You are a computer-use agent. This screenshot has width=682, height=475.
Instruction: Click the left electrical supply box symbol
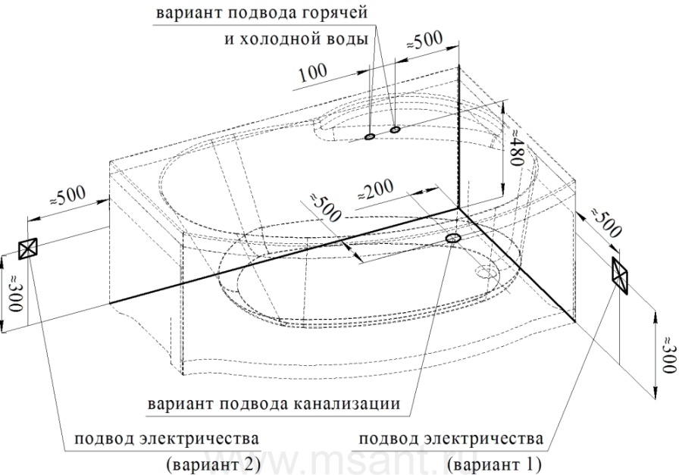tap(28, 248)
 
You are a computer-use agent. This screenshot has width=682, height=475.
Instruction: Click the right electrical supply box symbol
tap(619, 275)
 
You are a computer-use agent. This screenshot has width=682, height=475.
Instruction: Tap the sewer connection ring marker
tap(453, 238)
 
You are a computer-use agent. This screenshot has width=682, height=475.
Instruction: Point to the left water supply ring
tap(369, 137)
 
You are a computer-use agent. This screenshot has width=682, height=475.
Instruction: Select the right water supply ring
tap(395, 130)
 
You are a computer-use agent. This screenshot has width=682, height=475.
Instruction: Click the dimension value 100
tap(313, 73)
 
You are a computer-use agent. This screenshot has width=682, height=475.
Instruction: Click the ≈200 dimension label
tap(375, 190)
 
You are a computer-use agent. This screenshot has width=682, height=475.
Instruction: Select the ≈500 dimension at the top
tap(424, 42)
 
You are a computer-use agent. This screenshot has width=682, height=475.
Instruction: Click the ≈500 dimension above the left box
tap(67, 197)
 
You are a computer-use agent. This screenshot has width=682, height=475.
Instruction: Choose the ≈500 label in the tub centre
tap(326, 207)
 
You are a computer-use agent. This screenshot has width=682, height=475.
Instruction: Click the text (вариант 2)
tap(213, 464)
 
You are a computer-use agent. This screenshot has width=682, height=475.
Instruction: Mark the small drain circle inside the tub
tap(486, 272)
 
